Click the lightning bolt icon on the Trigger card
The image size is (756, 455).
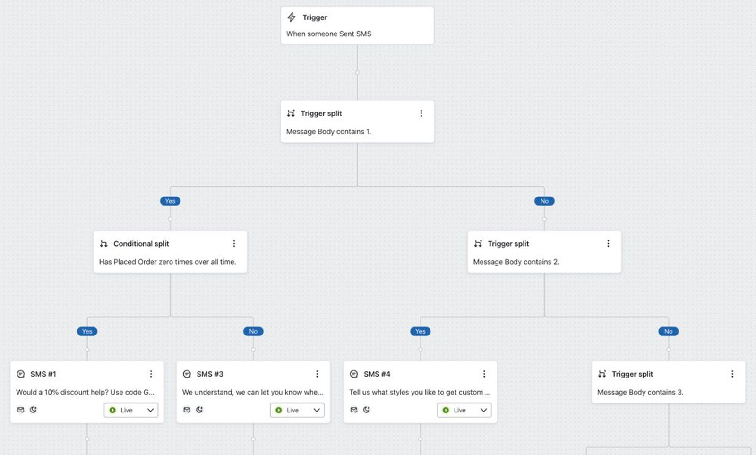click(x=292, y=17)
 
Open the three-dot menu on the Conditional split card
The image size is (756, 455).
click(x=234, y=244)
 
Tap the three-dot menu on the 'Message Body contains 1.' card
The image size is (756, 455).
click(x=421, y=113)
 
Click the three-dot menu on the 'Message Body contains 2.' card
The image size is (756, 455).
click(x=608, y=244)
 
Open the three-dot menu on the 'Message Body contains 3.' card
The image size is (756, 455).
click(x=732, y=374)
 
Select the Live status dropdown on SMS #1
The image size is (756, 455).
click(x=131, y=410)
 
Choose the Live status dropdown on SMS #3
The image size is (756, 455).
click(x=297, y=410)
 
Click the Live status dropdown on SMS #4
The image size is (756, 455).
click(x=464, y=410)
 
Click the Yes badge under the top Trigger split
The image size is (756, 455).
click(x=170, y=201)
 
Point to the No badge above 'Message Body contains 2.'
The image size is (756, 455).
click(x=544, y=201)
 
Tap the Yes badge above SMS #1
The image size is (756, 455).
click(x=87, y=332)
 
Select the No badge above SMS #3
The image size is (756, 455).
click(x=253, y=332)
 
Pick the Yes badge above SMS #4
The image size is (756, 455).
click(x=420, y=332)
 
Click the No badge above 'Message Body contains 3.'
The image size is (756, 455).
click(x=668, y=332)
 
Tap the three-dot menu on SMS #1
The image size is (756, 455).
click(x=151, y=374)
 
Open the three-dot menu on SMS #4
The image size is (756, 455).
click(x=484, y=374)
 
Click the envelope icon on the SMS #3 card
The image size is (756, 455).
click(x=187, y=410)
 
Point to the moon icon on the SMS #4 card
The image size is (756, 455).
click(x=366, y=410)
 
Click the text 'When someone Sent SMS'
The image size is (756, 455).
click(x=329, y=34)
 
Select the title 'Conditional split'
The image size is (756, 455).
click(x=141, y=244)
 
